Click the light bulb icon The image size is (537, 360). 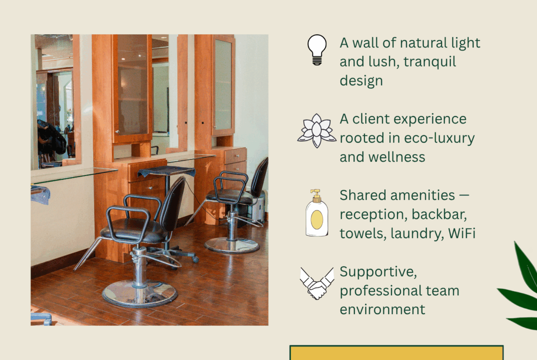(317, 50)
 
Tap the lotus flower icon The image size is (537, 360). (317, 131)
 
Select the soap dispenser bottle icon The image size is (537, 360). (316, 213)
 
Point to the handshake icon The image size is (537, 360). (317, 283)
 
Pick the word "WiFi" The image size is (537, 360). (461, 233)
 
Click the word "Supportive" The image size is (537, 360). (378, 272)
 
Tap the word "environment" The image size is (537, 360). (382, 309)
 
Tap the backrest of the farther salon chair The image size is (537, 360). (259, 177)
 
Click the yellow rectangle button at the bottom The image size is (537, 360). (396, 353)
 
